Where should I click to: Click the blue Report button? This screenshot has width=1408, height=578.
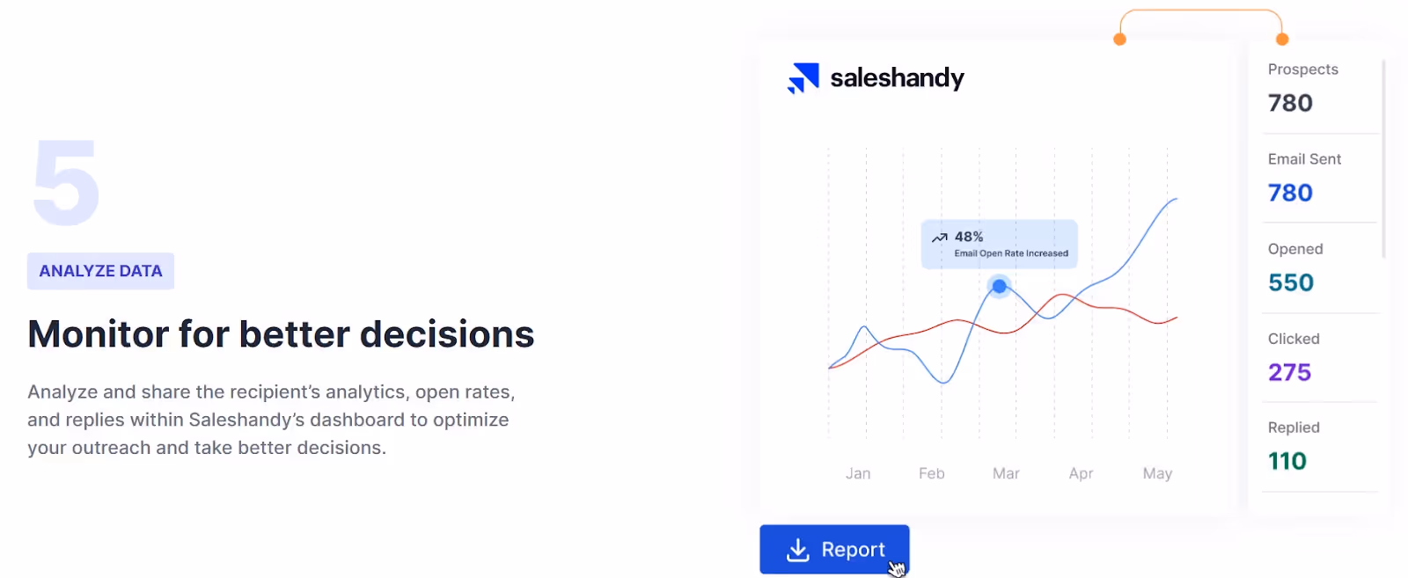(834, 549)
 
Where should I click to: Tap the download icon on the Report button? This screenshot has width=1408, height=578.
(797, 550)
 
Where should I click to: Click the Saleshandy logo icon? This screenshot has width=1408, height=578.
(803, 78)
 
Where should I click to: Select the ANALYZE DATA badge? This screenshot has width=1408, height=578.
(100, 271)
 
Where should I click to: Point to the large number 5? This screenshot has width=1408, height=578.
(66, 183)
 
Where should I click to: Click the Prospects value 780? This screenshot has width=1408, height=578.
(1290, 103)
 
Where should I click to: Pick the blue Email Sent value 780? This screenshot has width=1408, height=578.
(1290, 193)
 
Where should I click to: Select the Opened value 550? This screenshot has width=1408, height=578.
(1291, 282)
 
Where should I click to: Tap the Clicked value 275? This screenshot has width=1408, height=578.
(1289, 372)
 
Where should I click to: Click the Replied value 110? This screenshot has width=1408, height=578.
(1287, 461)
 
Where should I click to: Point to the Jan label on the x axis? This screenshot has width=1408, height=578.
(858, 473)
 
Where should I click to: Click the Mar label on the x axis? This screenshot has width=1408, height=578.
(1006, 473)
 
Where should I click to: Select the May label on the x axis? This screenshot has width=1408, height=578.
(1157, 473)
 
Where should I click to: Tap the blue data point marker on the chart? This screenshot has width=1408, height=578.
(999, 286)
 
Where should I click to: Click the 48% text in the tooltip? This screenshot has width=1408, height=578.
(969, 237)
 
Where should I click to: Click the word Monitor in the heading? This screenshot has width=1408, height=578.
(99, 334)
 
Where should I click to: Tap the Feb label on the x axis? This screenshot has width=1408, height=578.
(931, 473)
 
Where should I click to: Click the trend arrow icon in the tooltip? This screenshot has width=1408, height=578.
(940, 238)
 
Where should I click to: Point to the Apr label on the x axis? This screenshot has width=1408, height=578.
(1081, 473)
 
